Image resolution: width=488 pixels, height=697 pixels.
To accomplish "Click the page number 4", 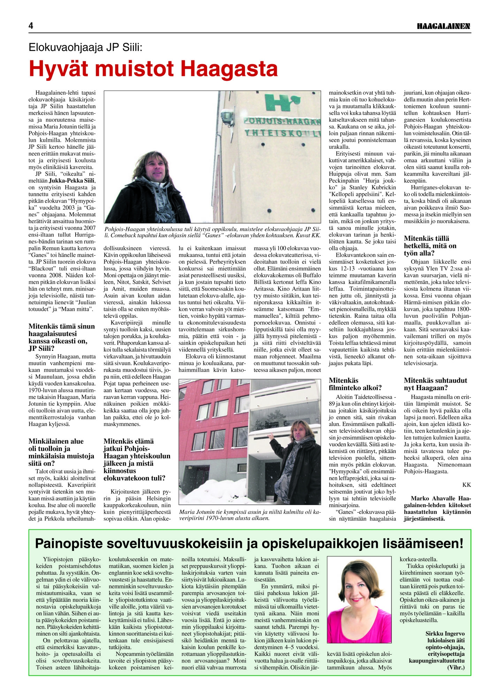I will coord(31,26).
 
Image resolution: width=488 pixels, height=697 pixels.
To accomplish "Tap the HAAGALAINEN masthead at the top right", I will coord(444,26).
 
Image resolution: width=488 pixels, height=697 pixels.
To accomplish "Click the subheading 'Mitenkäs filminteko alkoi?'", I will coord(355,384).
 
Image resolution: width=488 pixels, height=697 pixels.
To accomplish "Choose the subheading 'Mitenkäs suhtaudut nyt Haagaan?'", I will coord(435,384).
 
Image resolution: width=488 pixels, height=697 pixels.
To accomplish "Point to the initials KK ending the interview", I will coord(466,485).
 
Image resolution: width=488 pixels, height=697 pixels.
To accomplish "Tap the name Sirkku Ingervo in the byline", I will coord(445,634).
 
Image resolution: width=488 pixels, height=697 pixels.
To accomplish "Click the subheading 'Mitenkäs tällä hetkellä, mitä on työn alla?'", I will coord(429,246).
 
